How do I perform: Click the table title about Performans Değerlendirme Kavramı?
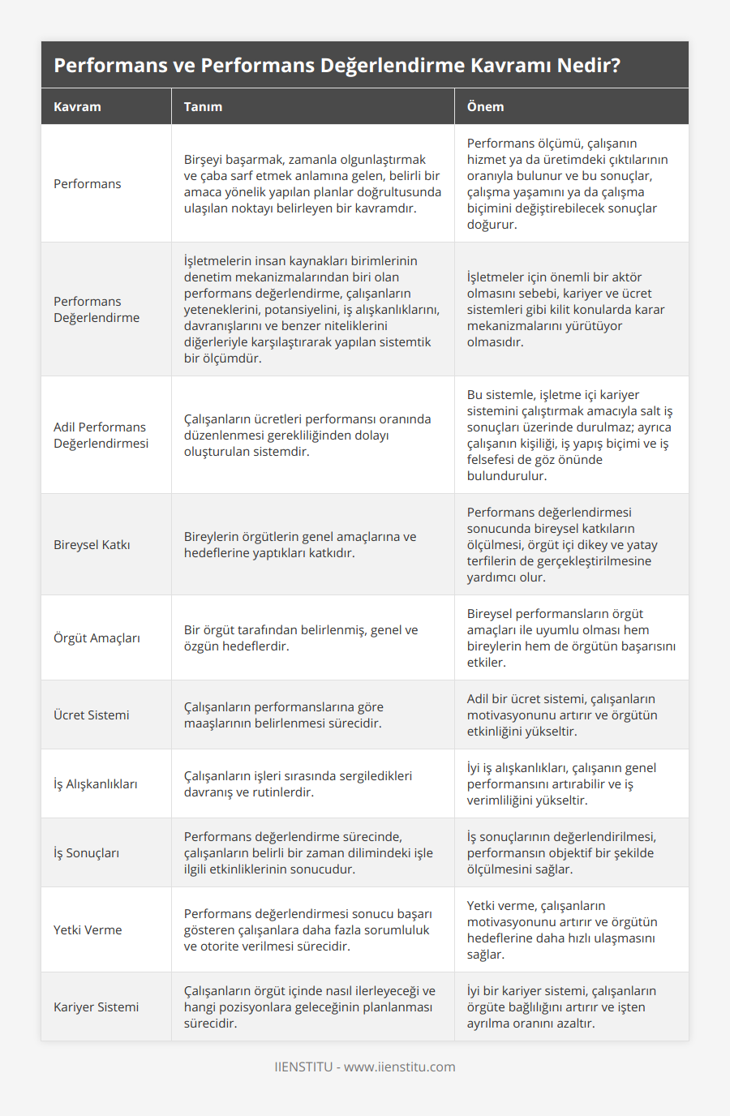[337, 65]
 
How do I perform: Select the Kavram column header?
[77, 106]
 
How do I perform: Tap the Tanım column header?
[203, 106]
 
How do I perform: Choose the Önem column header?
[485, 106]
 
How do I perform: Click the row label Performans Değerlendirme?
[97, 309]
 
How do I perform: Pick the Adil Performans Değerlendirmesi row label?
[101, 435]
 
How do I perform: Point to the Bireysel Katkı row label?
[92, 544]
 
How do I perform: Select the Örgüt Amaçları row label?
[97, 637]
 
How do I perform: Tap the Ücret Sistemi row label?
[92, 715]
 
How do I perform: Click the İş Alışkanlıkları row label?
[96, 783]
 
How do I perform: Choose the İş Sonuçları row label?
[86, 852]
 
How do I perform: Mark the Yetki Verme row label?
[88, 929]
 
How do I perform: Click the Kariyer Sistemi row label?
[96, 1007]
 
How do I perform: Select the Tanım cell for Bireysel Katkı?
[300, 544]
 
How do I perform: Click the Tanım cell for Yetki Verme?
[307, 929]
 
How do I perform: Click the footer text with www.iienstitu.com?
[365, 1067]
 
